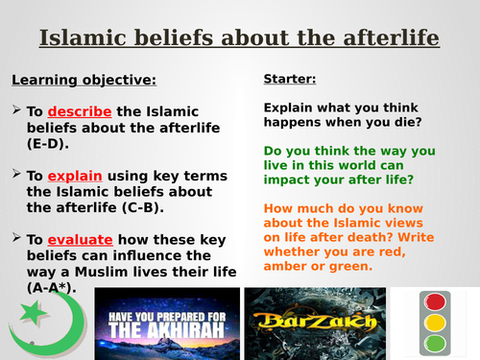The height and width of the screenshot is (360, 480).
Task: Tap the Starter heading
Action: [288, 78]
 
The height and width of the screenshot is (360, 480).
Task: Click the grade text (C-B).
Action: [146, 206]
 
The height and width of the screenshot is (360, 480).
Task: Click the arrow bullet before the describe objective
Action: [15, 110]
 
